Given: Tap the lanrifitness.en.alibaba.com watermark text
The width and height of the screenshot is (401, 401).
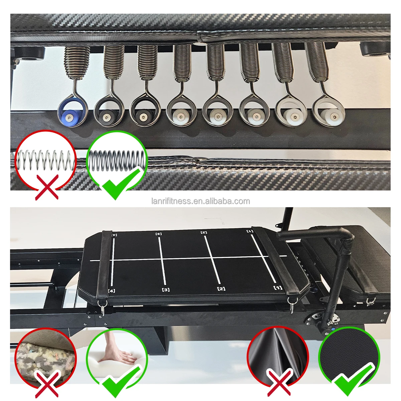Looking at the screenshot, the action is tap(200, 201).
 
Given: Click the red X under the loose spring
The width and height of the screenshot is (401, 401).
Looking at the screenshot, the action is tap(47, 187).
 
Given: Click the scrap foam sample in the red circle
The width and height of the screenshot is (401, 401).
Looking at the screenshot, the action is tap(46, 358).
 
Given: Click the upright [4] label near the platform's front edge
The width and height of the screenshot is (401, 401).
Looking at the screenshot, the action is tap(112, 291).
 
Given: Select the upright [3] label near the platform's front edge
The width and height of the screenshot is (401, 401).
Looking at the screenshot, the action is tap(166, 289).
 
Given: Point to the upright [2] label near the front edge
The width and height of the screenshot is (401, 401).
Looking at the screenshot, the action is tap(221, 289).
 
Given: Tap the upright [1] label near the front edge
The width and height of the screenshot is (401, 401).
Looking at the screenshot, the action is tap(278, 288).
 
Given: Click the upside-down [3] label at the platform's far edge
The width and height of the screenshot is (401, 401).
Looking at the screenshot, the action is tap(159, 234).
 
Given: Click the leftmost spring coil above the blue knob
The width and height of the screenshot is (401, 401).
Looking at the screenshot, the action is tap(77, 63).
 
